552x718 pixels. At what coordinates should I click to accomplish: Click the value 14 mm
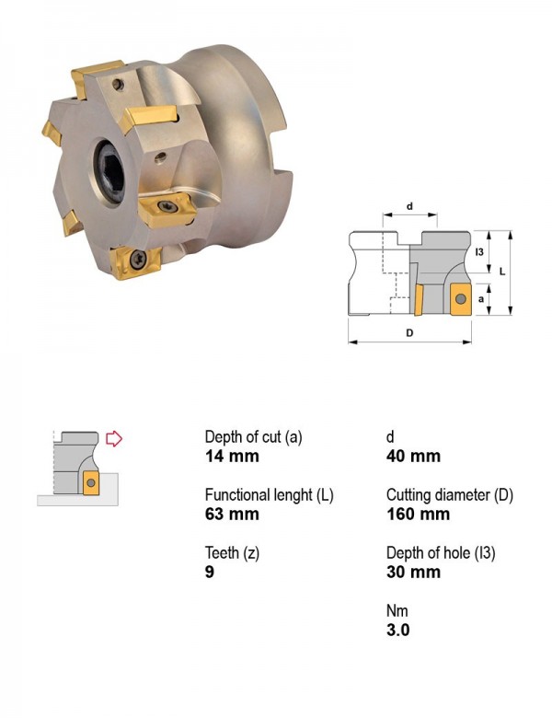point(232,456)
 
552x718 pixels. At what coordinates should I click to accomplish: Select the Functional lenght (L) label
point(270,495)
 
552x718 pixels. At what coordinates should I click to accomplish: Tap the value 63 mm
point(232,514)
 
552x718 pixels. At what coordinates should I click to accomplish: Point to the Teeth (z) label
point(232,553)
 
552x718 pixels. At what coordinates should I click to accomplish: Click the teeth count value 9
point(210,572)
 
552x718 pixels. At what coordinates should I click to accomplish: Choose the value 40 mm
point(413,456)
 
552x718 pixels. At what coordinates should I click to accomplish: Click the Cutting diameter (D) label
point(450,495)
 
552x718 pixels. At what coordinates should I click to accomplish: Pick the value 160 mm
point(418,514)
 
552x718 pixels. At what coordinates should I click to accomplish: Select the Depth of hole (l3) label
point(441,553)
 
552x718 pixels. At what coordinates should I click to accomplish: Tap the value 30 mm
point(413,572)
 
